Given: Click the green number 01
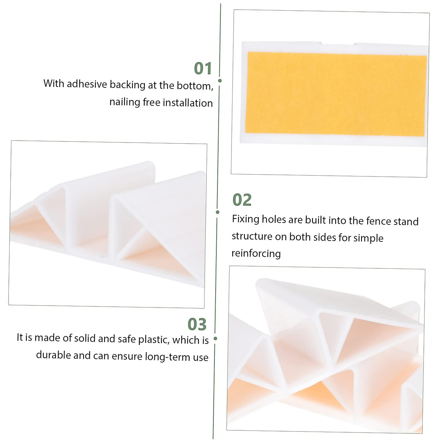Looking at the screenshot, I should tap(203, 69).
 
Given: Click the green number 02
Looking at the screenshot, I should tap(242, 200).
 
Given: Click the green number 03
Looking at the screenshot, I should tap(197, 324).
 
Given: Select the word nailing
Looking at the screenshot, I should tap(124, 102).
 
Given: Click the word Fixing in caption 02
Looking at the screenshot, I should tap(245, 219).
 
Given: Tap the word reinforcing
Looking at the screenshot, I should tap(256, 254).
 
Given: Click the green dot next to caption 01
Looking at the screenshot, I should tap(220, 80).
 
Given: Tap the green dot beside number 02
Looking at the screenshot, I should tap(217, 212).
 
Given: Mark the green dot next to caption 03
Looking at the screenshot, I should tap(215, 339).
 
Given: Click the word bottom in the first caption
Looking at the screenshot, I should tap(194, 86).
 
